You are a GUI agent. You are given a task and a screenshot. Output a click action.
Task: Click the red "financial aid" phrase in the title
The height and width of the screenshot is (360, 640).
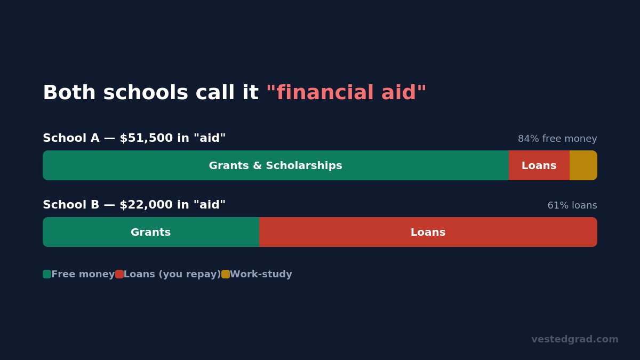point(346,92)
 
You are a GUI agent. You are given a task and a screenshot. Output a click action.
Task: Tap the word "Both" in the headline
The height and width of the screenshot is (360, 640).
point(69,92)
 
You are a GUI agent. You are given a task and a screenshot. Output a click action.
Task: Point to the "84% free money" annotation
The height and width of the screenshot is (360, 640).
point(557,139)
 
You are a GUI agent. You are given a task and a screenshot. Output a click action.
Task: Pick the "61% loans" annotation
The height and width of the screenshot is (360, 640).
point(572,205)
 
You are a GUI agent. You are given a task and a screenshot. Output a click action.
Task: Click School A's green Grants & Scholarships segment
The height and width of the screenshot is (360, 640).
point(276,165)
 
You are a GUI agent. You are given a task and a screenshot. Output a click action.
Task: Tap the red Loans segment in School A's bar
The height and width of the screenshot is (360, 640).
point(539,165)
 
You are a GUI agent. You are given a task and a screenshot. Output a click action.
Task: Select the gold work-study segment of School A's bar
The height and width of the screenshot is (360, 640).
point(583,165)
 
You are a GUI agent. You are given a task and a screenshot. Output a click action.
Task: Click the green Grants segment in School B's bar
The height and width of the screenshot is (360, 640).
point(151,232)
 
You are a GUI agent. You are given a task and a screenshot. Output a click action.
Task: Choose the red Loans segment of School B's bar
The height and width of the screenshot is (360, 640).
point(428,232)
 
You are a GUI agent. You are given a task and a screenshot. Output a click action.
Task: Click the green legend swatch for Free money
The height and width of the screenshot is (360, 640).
point(47,274)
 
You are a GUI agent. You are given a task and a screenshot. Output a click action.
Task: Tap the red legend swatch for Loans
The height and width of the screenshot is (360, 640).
point(119,274)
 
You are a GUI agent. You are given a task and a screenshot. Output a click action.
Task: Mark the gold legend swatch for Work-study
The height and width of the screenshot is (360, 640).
point(226,274)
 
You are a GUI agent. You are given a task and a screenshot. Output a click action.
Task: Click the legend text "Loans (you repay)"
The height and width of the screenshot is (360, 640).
point(172,274)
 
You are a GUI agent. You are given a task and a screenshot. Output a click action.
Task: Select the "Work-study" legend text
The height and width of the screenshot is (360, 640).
point(261,274)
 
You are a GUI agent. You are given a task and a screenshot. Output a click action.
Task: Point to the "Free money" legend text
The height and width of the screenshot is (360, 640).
point(83,274)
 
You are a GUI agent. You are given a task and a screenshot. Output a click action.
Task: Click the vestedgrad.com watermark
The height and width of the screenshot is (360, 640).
point(575,339)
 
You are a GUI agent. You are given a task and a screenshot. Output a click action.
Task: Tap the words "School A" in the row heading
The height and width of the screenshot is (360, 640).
point(71,138)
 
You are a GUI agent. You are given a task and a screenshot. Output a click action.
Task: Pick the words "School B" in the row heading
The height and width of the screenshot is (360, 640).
point(71,205)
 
